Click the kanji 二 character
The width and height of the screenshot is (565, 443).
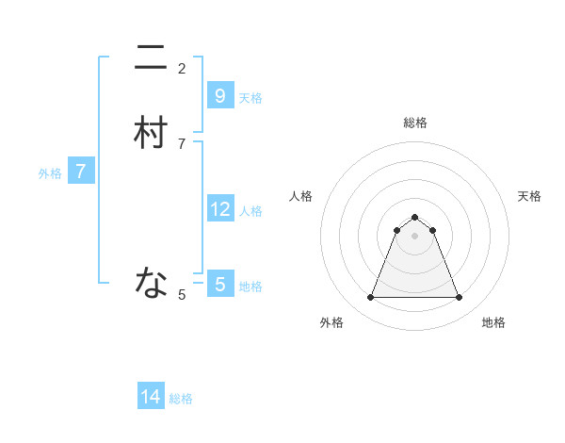point(151,59)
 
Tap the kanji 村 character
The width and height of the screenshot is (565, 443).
point(151,134)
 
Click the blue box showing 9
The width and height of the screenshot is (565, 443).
point(219,95)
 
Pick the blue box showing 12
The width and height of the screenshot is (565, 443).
point(219,208)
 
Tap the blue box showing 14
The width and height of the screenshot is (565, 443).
point(151,397)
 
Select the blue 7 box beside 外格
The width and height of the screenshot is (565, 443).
point(81,172)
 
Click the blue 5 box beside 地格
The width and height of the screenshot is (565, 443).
point(219,284)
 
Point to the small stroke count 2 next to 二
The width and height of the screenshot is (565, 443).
point(182,68)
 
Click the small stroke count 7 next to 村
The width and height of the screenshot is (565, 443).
point(182,143)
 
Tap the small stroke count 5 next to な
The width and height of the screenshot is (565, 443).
point(182,295)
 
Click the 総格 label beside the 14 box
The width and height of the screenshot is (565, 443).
point(181,399)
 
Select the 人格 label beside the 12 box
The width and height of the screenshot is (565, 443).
point(250,210)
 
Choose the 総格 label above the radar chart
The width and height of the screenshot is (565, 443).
point(415,123)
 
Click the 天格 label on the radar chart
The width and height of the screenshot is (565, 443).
point(530,196)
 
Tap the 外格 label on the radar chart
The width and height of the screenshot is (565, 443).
point(331,322)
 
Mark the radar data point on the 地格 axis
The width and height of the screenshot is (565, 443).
point(459,298)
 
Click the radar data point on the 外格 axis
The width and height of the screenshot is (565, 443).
point(370,298)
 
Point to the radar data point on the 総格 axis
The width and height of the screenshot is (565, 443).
point(414,216)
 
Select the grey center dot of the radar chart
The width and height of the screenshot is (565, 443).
point(414,236)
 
